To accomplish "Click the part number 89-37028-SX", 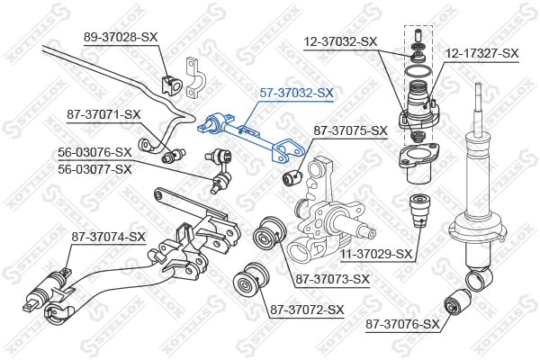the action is pyautogui.click(x=121, y=37).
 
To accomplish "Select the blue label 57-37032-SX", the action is pyautogui.click(x=296, y=93).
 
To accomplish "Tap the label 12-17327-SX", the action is pyautogui.click(x=481, y=53).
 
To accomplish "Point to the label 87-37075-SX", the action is pyautogui.click(x=350, y=130).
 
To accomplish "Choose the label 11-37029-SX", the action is pyautogui.click(x=376, y=254).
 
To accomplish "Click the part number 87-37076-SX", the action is pyautogui.click(x=402, y=324).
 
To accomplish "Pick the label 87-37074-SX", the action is pyautogui.click(x=109, y=237).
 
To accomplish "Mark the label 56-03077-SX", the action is pyautogui.click(x=94, y=169).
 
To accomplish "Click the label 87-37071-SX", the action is pyautogui.click(x=103, y=114).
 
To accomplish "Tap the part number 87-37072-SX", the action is pyautogui.click(x=307, y=310).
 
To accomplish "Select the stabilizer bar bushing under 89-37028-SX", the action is pyautogui.click(x=171, y=85).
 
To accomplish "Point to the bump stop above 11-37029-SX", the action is pyautogui.click(x=419, y=210).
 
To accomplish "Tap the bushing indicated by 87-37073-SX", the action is pyautogui.click(x=270, y=232).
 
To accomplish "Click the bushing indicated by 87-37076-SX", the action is pyautogui.click(x=457, y=302).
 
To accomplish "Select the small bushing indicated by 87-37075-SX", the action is pyautogui.click(x=292, y=176).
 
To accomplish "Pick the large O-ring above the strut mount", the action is pyautogui.click(x=418, y=71).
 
